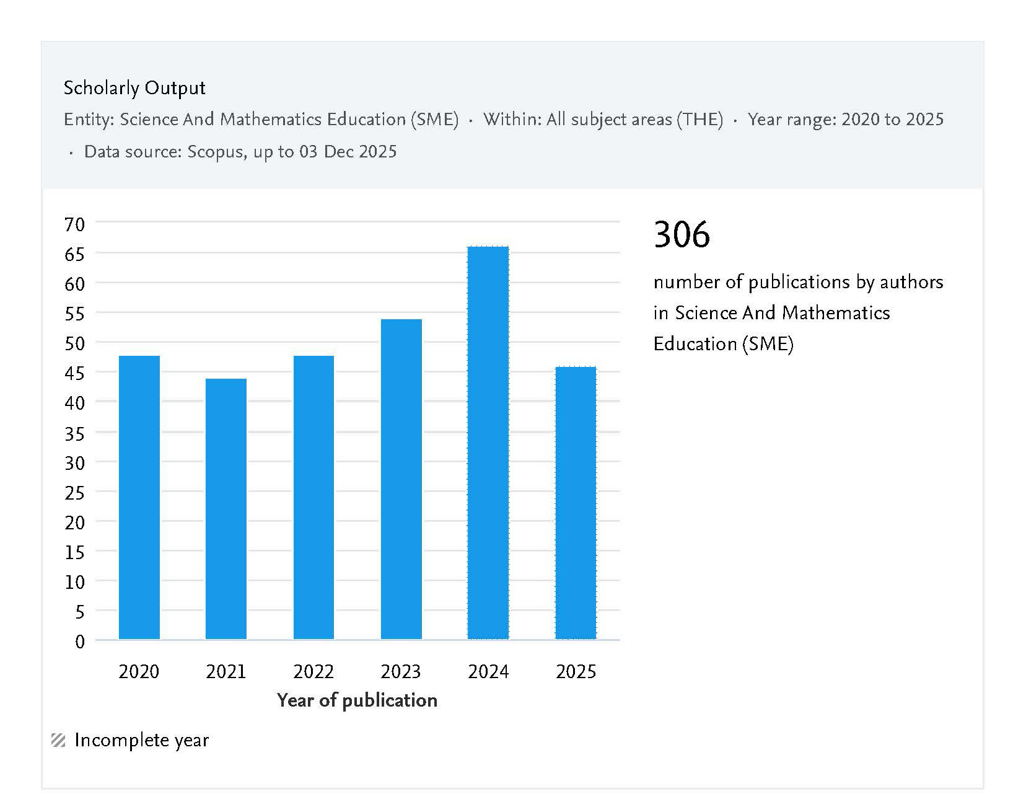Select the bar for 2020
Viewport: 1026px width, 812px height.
pyautogui.click(x=139, y=497)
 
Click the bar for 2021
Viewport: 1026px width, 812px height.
pyautogui.click(x=226, y=508)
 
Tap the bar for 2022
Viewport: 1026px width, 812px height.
pyautogui.click(x=313, y=497)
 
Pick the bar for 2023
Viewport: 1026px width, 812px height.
pyautogui.click(x=401, y=479)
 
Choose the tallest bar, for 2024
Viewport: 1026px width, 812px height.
pyautogui.click(x=488, y=443)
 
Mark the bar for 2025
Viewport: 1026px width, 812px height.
pyautogui.click(x=576, y=503)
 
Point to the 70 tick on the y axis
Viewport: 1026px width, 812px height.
pyautogui.click(x=74, y=224)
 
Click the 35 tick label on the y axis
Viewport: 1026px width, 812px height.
pyautogui.click(x=74, y=433)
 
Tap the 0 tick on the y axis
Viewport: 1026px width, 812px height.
pyautogui.click(x=80, y=642)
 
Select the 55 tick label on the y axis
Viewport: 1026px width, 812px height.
pyautogui.click(x=74, y=314)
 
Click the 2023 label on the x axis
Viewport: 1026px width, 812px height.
pyautogui.click(x=401, y=671)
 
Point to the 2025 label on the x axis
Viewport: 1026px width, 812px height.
pyautogui.click(x=576, y=671)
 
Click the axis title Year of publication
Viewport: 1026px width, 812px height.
pyautogui.click(x=357, y=700)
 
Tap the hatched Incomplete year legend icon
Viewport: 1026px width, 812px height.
pyautogui.click(x=58, y=740)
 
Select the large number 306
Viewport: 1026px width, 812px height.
pyautogui.click(x=682, y=234)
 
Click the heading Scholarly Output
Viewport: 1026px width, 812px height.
pyautogui.click(x=134, y=88)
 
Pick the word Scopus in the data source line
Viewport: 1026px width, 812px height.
pyautogui.click(x=215, y=152)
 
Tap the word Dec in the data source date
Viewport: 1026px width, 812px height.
pyautogui.click(x=339, y=152)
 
